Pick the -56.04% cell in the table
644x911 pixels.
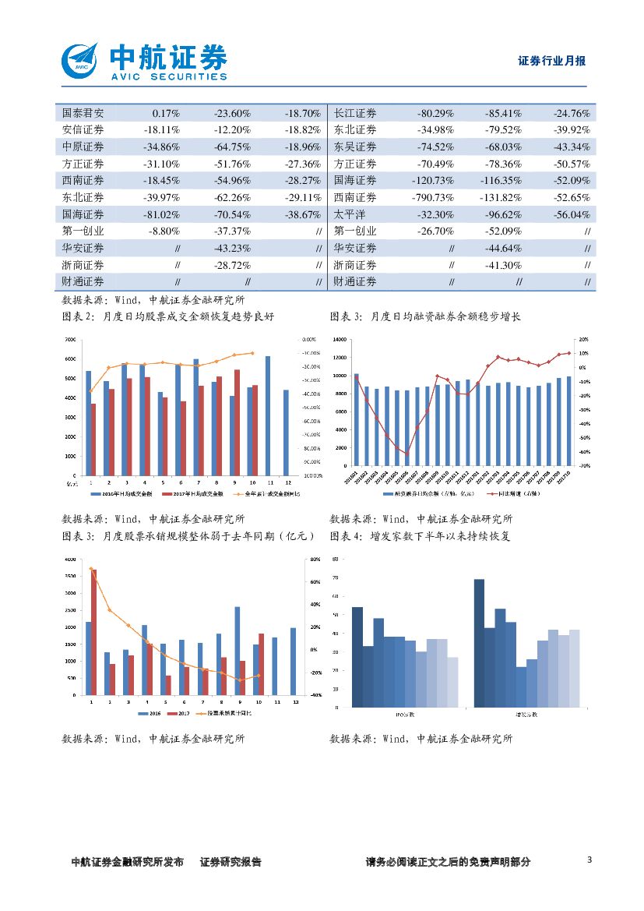[572, 214]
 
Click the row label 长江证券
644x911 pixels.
[354, 112]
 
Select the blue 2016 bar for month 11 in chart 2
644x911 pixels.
[268, 415]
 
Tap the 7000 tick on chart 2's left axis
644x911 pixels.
[69, 340]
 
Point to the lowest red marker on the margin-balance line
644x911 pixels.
[406, 453]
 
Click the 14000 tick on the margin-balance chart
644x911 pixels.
[337, 340]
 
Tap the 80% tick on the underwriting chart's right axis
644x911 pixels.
[315, 560]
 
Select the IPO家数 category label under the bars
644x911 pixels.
[405, 714]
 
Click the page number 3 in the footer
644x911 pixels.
[589, 860]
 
